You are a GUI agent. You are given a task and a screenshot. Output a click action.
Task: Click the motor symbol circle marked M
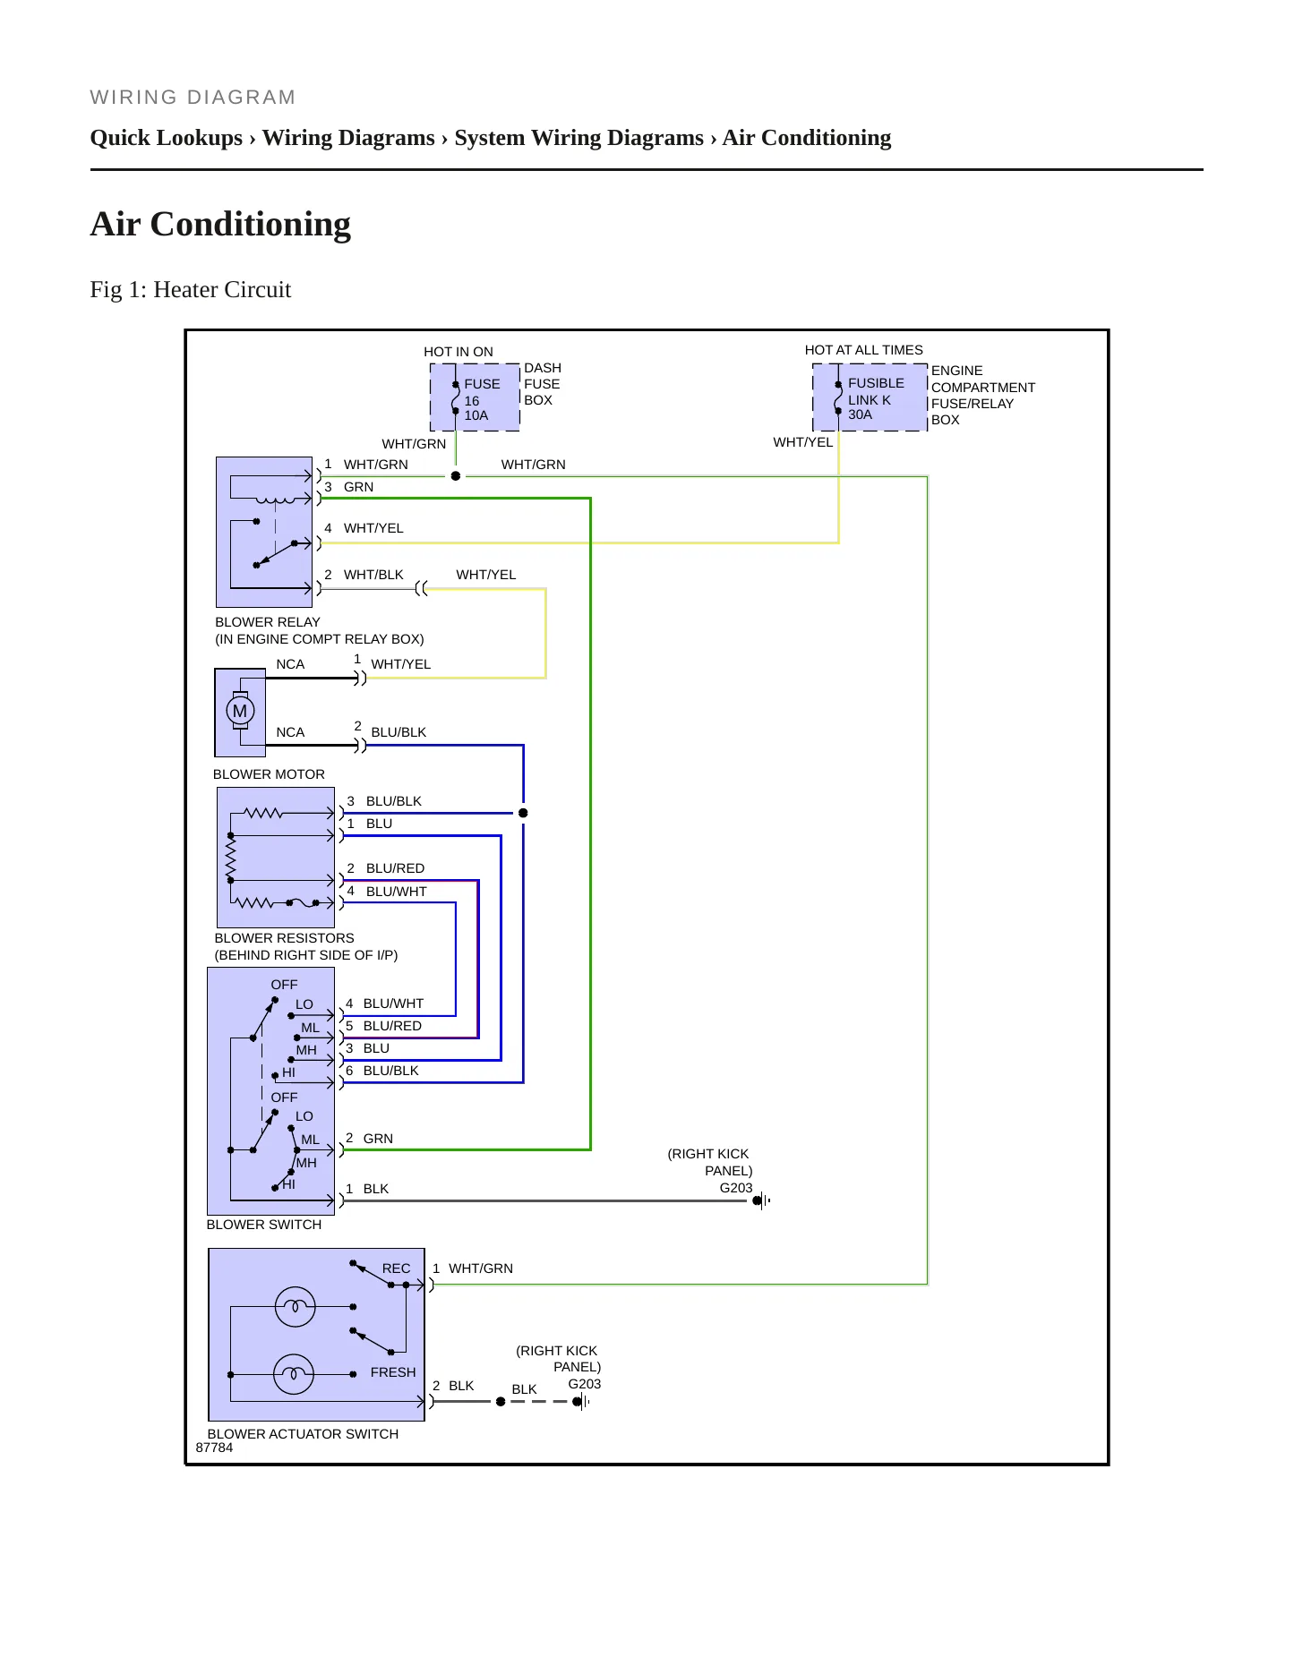pyautogui.click(x=239, y=711)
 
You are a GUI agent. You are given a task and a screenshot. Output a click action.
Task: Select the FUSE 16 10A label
pyautogui.click(x=482, y=399)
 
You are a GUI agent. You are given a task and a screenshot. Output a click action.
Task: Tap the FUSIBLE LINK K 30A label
pyautogui.click(x=876, y=398)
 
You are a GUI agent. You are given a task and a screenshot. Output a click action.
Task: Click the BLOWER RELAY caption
pyautogui.click(x=267, y=622)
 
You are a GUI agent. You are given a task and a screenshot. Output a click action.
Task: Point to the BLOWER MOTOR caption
pyautogui.click(x=269, y=774)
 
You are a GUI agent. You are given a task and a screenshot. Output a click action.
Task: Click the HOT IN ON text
pyautogui.click(x=458, y=352)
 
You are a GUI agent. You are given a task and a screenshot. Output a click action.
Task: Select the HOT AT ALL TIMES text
pyautogui.click(x=863, y=350)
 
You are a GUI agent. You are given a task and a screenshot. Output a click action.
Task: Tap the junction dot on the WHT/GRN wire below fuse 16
pyautogui.click(x=455, y=476)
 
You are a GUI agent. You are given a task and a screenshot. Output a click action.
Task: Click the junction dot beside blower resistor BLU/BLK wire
pyautogui.click(x=523, y=813)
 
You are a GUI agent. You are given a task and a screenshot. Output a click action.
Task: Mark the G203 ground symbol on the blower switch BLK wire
pyautogui.click(x=761, y=1200)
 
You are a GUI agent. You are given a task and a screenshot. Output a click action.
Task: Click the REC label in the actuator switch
pyautogui.click(x=396, y=1268)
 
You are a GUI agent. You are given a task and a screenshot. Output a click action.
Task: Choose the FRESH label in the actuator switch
pyautogui.click(x=393, y=1372)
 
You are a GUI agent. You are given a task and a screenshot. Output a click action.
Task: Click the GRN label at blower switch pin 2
pyautogui.click(x=378, y=1139)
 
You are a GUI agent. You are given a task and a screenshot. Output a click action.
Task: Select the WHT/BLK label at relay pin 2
pyautogui.click(x=373, y=575)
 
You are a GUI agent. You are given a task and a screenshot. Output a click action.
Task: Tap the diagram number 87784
pyautogui.click(x=214, y=1448)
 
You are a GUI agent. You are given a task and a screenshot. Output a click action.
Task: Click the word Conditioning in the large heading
pyautogui.click(x=251, y=224)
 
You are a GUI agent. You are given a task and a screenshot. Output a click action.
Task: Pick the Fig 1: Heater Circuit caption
pyautogui.click(x=191, y=289)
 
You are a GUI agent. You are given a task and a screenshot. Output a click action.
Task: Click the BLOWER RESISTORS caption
pyautogui.click(x=284, y=938)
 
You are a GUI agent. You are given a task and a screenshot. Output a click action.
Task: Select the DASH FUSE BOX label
pyautogui.click(x=543, y=384)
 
